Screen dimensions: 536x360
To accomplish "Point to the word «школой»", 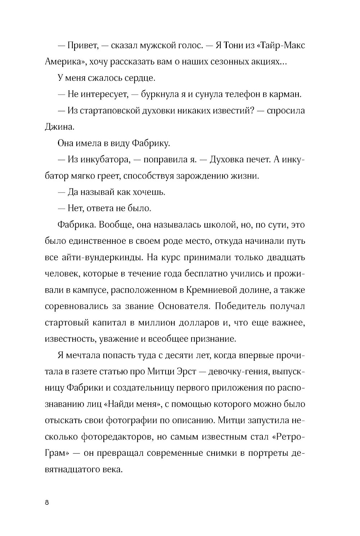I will pyautogui.click(x=209, y=225).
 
